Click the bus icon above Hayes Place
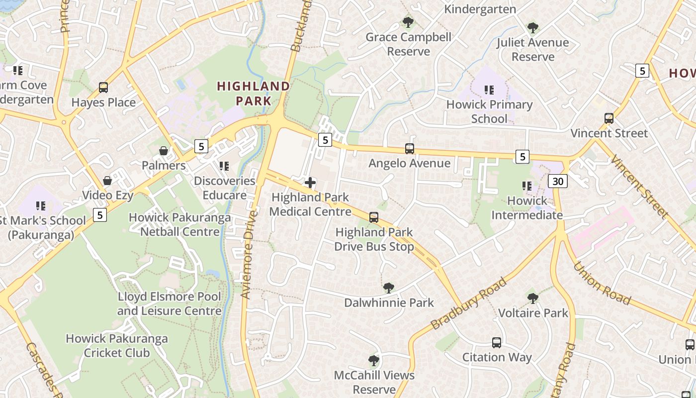pos(103,88)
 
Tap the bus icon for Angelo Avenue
pos(410,148)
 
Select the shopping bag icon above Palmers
pos(164,151)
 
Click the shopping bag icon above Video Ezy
pos(107,181)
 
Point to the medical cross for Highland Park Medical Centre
pos(310,183)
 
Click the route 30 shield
pos(558,181)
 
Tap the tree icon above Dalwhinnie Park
pos(389,288)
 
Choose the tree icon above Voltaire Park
pos(533,298)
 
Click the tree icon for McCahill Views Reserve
pos(374,360)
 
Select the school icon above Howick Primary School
pos(489,90)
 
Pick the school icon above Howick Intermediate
pos(527,186)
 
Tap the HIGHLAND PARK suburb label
pos(254,94)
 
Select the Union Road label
pos(602,283)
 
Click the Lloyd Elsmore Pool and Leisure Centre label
pos(169,304)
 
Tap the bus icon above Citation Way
pos(497,342)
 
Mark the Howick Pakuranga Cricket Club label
pos(117,346)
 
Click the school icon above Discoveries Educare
pos(224,166)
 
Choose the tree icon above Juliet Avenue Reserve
pos(533,27)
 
